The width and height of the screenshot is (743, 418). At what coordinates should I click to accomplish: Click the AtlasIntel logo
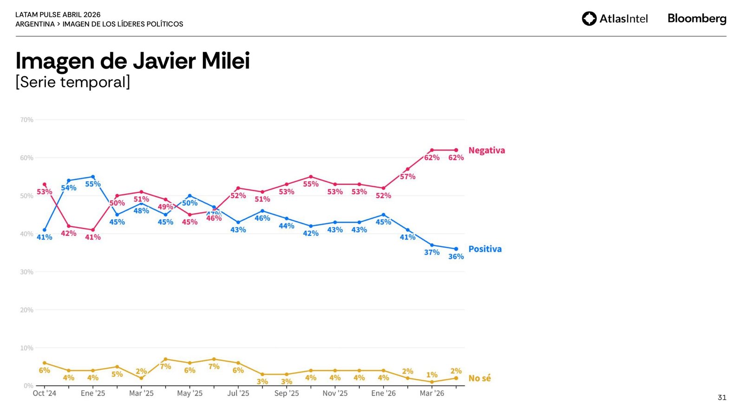[614, 19]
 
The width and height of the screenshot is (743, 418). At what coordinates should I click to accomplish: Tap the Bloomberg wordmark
[697, 19]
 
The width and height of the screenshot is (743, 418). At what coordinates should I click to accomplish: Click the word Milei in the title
[226, 61]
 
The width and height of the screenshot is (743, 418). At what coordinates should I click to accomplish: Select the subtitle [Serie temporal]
[73, 82]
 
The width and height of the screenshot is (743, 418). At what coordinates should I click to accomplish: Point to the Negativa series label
[486, 150]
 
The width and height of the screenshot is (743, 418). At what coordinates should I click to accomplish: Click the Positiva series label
[485, 249]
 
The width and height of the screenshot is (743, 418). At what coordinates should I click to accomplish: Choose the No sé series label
[479, 379]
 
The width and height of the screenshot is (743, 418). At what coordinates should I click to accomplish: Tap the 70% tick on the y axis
[26, 120]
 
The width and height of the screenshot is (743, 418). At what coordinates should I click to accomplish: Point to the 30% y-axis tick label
[26, 272]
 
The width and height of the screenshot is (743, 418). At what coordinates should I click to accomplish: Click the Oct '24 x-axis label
[44, 393]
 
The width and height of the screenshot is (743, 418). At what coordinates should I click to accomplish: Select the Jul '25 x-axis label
[238, 393]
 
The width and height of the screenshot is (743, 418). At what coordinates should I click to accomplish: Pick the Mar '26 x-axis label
[432, 393]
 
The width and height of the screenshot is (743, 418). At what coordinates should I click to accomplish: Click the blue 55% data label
[93, 184]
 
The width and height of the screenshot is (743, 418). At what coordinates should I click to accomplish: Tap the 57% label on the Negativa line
[408, 176]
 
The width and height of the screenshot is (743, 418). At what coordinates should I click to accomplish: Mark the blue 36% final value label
[456, 257]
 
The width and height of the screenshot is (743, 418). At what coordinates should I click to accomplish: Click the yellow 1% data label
[432, 375]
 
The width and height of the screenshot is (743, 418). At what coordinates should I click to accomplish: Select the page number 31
[722, 398]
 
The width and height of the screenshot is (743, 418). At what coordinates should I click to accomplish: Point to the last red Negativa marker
[456, 150]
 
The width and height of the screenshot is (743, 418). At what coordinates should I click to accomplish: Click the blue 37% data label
[432, 253]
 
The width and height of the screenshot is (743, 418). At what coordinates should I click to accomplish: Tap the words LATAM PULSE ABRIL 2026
[58, 15]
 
